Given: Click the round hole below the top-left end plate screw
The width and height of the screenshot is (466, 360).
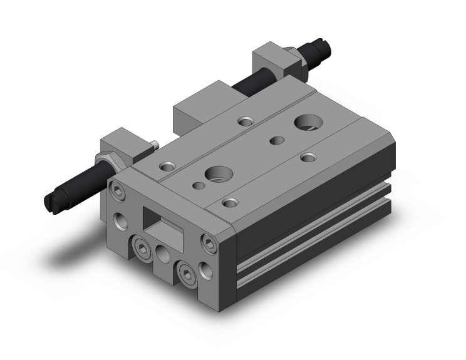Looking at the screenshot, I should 120,220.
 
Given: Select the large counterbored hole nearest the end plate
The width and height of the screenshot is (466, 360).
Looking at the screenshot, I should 217,173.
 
